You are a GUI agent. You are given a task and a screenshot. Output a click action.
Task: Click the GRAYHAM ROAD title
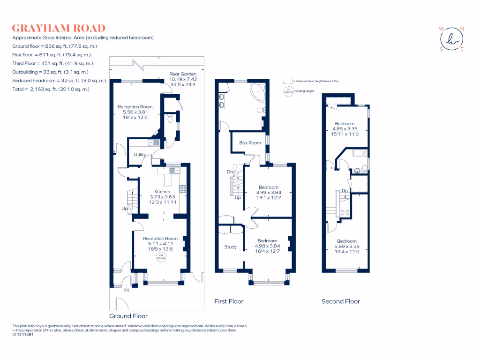tap(59, 28)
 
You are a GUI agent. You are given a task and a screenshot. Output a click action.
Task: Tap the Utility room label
tap(140, 155)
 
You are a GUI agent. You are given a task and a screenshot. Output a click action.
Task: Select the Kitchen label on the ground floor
tap(162, 192)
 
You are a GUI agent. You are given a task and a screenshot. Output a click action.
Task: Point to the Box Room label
tap(250, 143)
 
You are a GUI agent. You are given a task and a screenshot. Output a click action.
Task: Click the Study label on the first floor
tap(231, 247)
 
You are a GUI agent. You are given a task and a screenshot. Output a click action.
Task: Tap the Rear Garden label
tap(183, 74)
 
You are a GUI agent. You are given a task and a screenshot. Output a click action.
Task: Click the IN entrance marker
tap(126, 291)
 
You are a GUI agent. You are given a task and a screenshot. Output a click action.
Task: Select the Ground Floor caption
tap(128, 316)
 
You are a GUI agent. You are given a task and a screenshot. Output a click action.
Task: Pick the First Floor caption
tap(229, 301)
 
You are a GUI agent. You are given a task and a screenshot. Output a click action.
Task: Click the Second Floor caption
tap(341, 301)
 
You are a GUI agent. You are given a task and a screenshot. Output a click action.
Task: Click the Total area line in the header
tap(51, 89)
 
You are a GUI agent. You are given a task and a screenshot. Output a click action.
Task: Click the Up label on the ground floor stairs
tap(124, 208)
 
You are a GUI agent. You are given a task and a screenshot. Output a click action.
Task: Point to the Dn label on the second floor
tap(345, 190)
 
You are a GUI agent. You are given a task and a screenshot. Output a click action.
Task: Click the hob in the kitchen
tap(182, 189)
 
